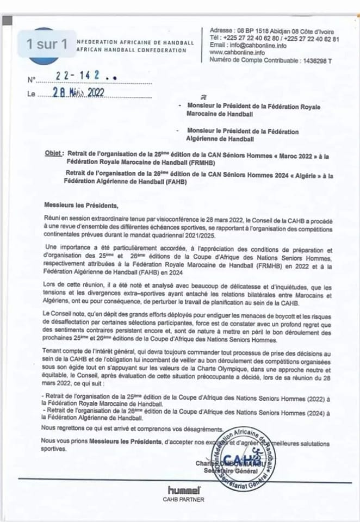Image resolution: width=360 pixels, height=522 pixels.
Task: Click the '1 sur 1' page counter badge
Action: coord(47,44)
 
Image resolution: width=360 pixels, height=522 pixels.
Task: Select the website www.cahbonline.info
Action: coord(237,53)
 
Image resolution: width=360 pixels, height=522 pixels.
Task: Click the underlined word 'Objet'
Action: coord(54,154)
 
